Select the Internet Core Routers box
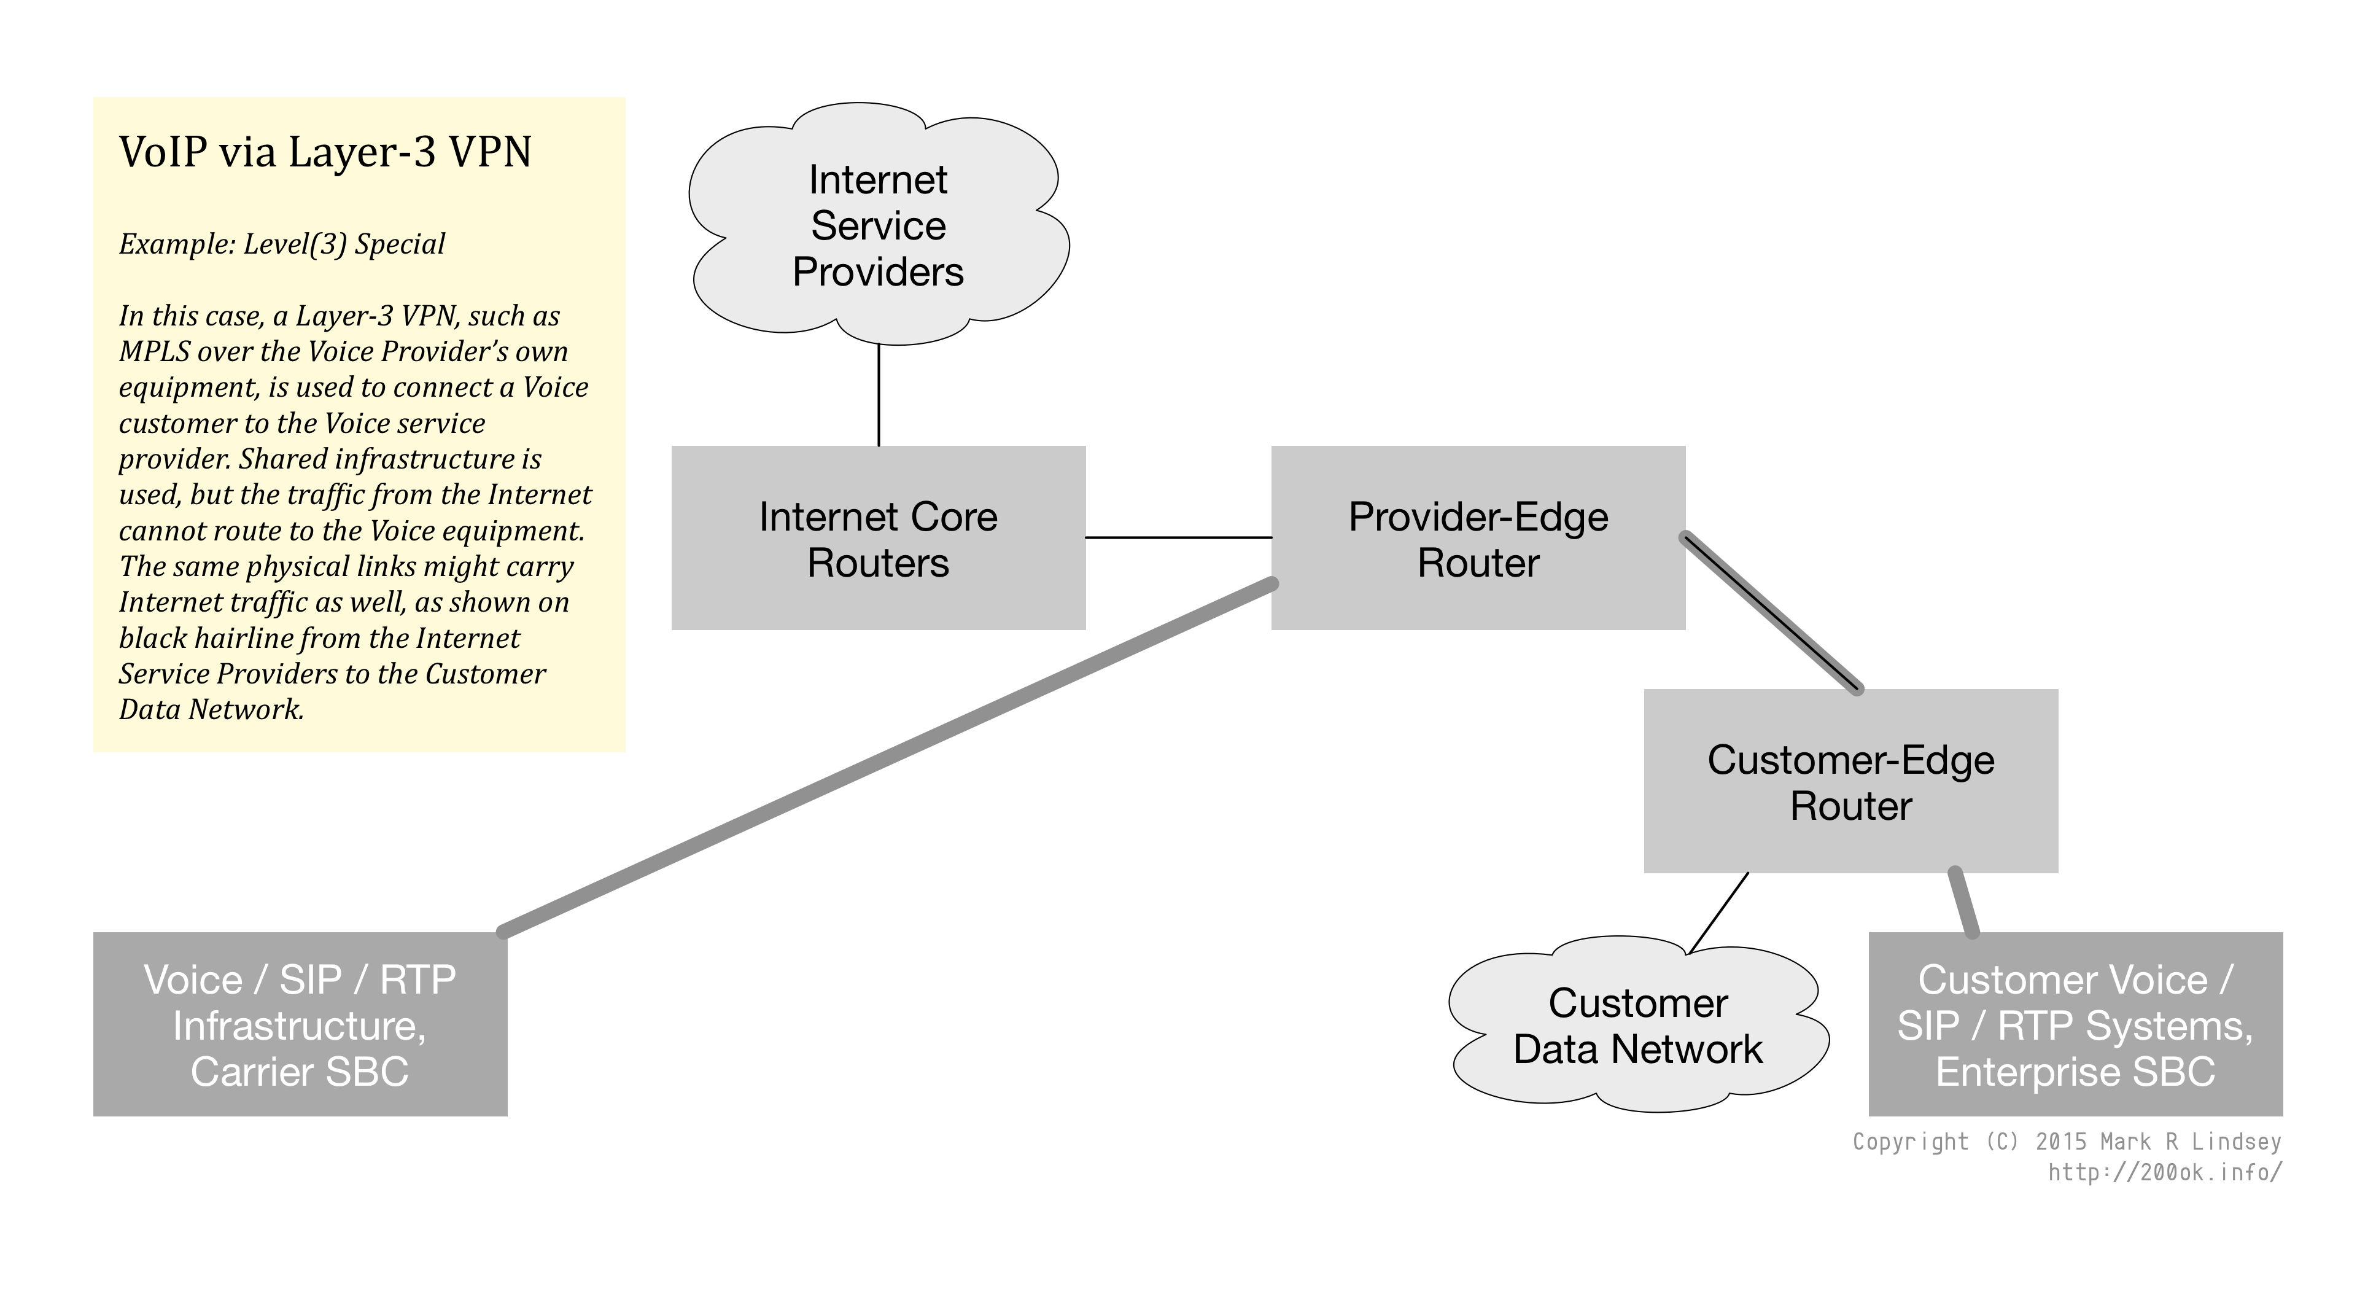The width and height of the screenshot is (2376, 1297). [878, 538]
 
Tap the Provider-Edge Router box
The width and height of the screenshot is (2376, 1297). [1478, 538]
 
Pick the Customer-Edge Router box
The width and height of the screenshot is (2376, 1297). [1850, 781]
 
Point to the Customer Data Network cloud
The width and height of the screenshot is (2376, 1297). [1638, 1026]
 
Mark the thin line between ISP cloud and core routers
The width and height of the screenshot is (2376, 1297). [878, 395]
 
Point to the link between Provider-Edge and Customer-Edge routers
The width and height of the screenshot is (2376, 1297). [1771, 612]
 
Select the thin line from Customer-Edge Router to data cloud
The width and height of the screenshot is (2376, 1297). [1718, 913]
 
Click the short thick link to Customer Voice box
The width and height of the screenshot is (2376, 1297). [1963, 902]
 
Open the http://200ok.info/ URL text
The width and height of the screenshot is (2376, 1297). [2165, 1172]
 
